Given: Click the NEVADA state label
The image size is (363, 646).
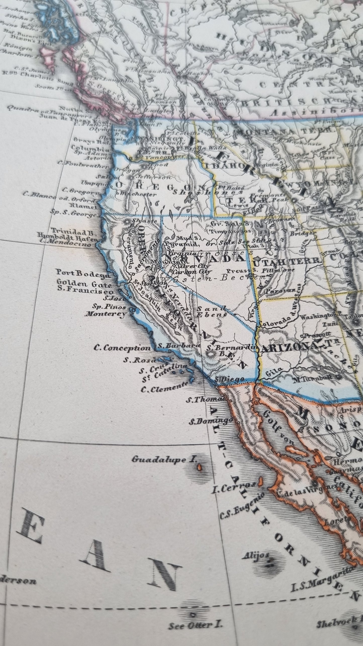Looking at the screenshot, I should (x=203, y=258).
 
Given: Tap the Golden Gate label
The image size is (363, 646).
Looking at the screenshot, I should (x=85, y=285).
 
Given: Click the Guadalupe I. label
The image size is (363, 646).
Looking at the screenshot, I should (x=164, y=460).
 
